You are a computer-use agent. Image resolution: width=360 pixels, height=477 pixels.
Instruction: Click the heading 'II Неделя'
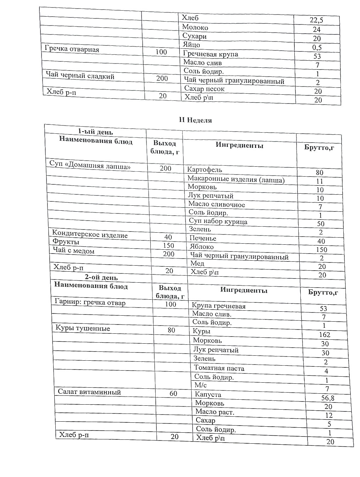pyautogui.click(x=195, y=120)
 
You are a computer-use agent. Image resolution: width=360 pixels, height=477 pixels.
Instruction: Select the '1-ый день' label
pyautogui.click(x=95, y=132)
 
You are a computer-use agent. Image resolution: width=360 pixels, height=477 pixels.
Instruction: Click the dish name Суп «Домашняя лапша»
pyautogui.click(x=92, y=166)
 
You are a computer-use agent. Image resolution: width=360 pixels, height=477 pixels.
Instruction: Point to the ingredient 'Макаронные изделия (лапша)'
pyautogui.click(x=236, y=179)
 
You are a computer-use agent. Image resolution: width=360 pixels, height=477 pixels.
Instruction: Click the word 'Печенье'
pyautogui.click(x=203, y=238)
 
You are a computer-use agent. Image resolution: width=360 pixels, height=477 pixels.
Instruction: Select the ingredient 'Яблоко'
pyautogui.click(x=202, y=247)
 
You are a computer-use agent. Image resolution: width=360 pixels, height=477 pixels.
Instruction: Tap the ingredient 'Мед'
pyautogui.click(x=197, y=264)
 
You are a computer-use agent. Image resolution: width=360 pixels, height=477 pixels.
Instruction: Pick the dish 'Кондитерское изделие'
pyautogui.click(x=90, y=234)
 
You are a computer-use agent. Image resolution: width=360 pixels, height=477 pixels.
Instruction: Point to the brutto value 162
pyautogui.click(x=324, y=334)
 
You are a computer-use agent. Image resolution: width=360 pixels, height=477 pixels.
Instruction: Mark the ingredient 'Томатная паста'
pyautogui.click(x=219, y=368)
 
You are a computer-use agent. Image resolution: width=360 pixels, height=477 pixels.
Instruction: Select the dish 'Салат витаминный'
pyautogui.click(x=89, y=392)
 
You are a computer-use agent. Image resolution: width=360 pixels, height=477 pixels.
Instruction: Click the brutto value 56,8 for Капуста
pyautogui.click(x=328, y=398)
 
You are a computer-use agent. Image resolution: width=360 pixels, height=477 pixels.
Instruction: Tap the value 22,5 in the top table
pyautogui.click(x=316, y=21)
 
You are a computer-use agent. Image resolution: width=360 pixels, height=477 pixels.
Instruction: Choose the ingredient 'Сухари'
pyautogui.click(x=194, y=36)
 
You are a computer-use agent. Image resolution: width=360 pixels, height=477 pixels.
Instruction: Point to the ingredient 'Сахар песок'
pyautogui.click(x=204, y=89)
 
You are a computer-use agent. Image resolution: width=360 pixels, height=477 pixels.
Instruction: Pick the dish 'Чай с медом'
pyautogui.click(x=73, y=251)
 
